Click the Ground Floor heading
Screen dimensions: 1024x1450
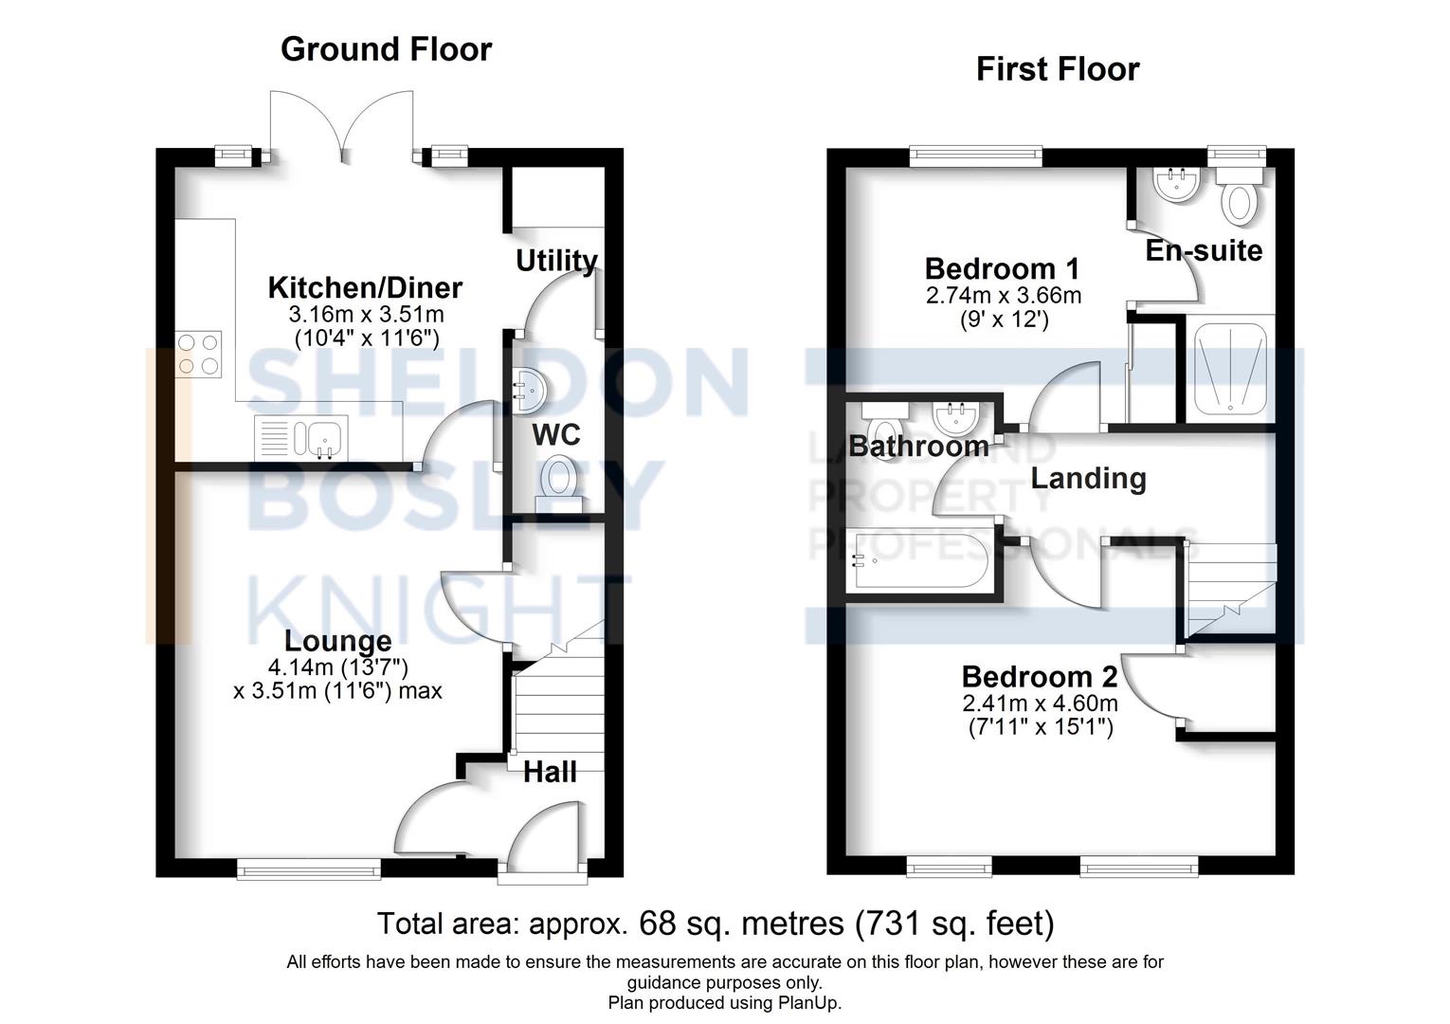click(386, 49)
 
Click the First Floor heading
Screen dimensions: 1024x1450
click(1058, 69)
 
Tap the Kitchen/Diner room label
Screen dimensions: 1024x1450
click(365, 287)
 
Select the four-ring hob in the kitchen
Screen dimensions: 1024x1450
click(199, 353)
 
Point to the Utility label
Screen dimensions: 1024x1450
click(556, 261)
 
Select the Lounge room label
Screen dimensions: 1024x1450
click(337, 642)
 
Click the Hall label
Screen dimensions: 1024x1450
click(550, 772)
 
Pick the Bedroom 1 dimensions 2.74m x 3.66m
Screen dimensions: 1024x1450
click(1004, 296)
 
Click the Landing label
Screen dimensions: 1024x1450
click(1088, 478)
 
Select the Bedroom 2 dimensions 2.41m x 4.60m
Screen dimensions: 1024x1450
click(1040, 704)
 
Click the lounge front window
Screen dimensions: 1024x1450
click(309, 867)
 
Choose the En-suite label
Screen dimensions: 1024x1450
click(1204, 251)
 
